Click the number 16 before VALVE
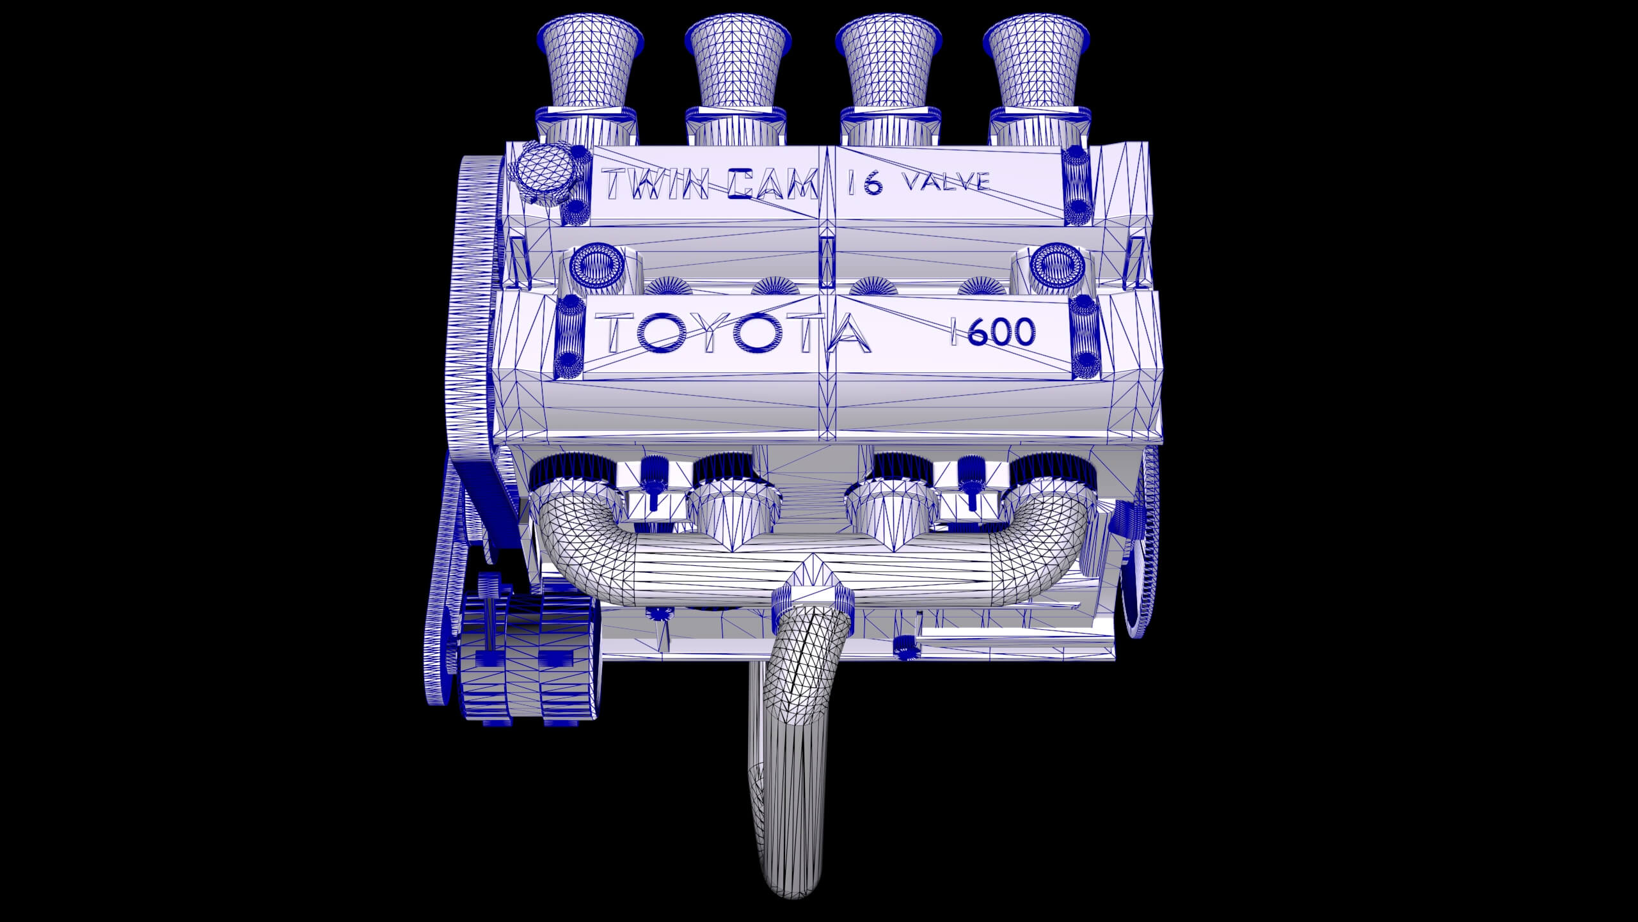tap(865, 184)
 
